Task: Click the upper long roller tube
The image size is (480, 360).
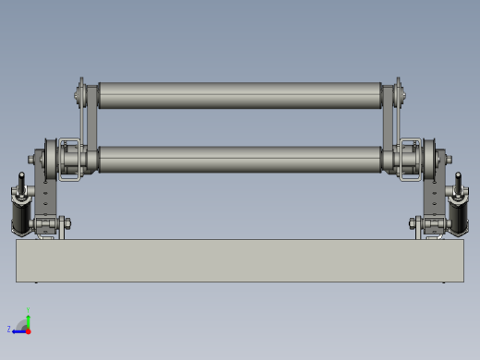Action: [x=240, y=95]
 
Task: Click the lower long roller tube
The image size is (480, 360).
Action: [x=240, y=159]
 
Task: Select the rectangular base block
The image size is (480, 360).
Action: [x=240, y=261]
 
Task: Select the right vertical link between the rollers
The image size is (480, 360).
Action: [x=390, y=123]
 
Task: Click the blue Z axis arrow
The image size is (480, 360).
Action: [x=18, y=330]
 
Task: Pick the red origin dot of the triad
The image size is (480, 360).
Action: [x=29, y=330]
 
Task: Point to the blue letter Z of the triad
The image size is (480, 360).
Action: [x=9, y=329]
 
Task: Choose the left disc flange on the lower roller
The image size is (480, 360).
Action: [x=48, y=159]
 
